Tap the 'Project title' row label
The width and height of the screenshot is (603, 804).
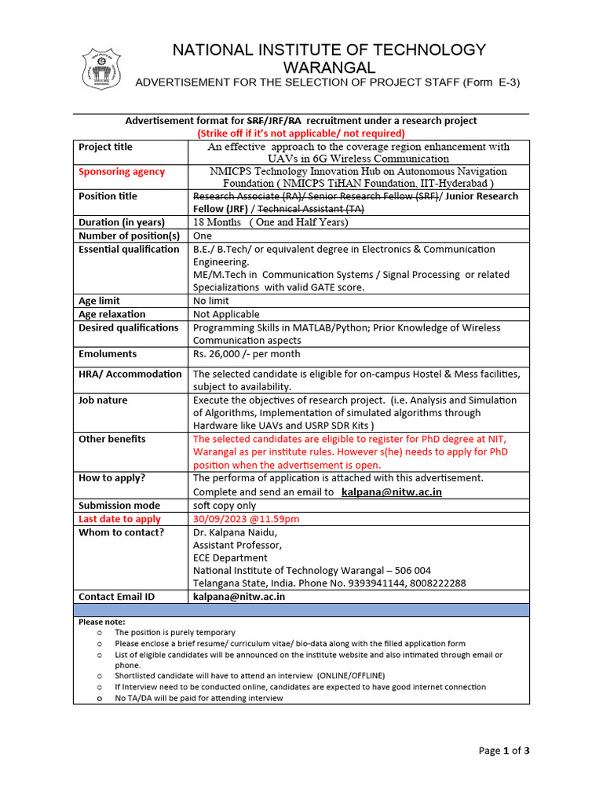pyautogui.click(x=105, y=147)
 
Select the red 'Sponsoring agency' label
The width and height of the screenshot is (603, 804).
pyautogui.click(x=122, y=172)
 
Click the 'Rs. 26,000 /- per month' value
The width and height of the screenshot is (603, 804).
pyautogui.click(x=246, y=354)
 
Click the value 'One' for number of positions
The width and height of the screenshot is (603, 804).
pyautogui.click(x=203, y=236)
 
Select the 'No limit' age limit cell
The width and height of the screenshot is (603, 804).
pyautogui.click(x=211, y=301)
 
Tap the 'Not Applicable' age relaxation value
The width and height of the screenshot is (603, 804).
pyautogui.click(x=226, y=314)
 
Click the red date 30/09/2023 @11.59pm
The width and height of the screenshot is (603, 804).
pyautogui.click(x=246, y=519)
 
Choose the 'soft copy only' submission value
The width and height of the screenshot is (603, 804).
pyautogui.click(x=225, y=506)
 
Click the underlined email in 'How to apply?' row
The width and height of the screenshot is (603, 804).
pyautogui.click(x=392, y=492)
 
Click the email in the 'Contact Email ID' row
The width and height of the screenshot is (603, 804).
pyautogui.click(x=239, y=597)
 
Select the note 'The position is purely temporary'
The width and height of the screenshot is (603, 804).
pyautogui.click(x=174, y=632)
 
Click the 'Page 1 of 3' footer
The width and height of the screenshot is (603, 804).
pyautogui.click(x=504, y=751)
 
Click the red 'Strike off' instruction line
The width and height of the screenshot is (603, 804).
pyautogui.click(x=301, y=133)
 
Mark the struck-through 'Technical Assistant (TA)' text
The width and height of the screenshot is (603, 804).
pyautogui.click(x=310, y=210)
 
